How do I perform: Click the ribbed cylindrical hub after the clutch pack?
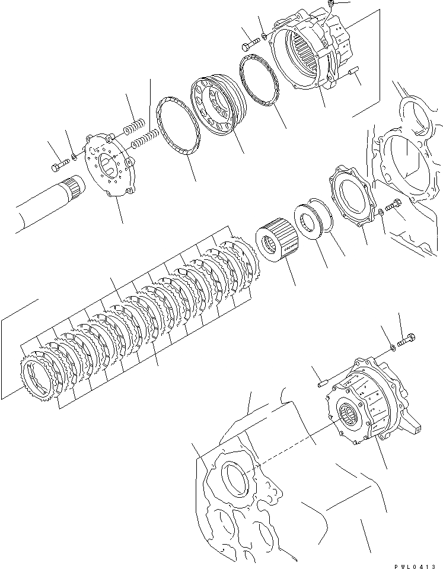275,244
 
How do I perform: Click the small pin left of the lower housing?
321,383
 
